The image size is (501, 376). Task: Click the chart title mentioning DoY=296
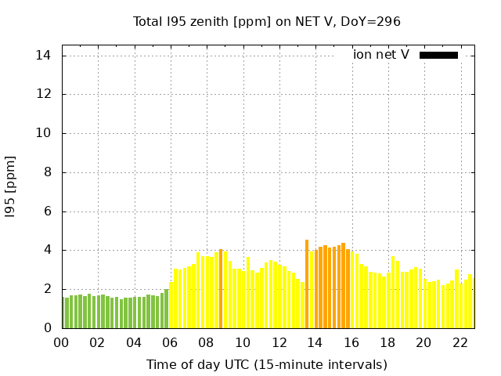click(x=267, y=22)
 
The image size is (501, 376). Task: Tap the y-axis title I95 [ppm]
click(x=11, y=186)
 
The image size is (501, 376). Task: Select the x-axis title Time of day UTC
click(x=267, y=364)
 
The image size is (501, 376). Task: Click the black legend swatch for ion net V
click(x=438, y=55)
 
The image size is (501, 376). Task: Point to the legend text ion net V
click(x=381, y=55)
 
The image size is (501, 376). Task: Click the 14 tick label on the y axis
click(x=43, y=56)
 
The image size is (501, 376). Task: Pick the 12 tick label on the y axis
click(x=43, y=95)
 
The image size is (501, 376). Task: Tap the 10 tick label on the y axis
click(x=43, y=133)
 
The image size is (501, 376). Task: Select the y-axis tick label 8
click(x=47, y=172)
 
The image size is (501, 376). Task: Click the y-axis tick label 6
click(x=47, y=211)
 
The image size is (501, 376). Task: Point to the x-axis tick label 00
click(x=61, y=342)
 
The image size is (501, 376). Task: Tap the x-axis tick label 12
click(x=279, y=342)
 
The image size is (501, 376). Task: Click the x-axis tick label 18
click(x=387, y=342)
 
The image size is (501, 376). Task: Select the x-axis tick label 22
click(x=460, y=342)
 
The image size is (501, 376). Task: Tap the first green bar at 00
click(x=63, y=313)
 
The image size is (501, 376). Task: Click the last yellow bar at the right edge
click(x=470, y=302)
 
